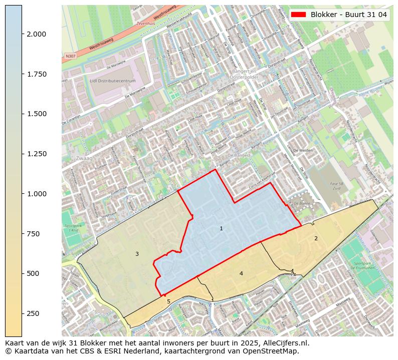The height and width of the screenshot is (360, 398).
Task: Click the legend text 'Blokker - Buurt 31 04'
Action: pyautogui.click(x=348, y=15)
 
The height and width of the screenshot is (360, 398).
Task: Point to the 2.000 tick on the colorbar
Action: pyautogui.click(x=36, y=34)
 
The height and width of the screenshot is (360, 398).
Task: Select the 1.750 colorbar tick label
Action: pyautogui.click(x=36, y=74)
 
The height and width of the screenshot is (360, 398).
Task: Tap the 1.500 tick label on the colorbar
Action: pyautogui.click(x=36, y=114)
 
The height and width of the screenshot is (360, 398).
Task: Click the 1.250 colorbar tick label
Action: pyautogui.click(x=36, y=154)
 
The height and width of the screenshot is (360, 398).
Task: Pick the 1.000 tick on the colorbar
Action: pyautogui.click(x=36, y=194)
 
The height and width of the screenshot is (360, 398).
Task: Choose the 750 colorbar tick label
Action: pyautogui.click(x=33, y=234)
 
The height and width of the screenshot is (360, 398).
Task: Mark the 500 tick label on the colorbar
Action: pyautogui.click(x=33, y=273)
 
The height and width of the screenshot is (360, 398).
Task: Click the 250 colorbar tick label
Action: pyautogui.click(x=33, y=313)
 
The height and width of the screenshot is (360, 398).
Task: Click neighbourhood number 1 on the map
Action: pyautogui.click(x=221, y=229)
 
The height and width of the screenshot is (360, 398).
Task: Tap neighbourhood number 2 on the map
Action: pyautogui.click(x=316, y=238)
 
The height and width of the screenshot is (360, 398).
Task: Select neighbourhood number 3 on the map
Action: pyautogui.click(x=137, y=254)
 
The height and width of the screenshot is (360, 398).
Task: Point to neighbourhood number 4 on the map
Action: pyautogui.click(x=241, y=273)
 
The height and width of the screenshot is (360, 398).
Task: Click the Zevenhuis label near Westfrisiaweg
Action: pyautogui.click(x=145, y=24)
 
